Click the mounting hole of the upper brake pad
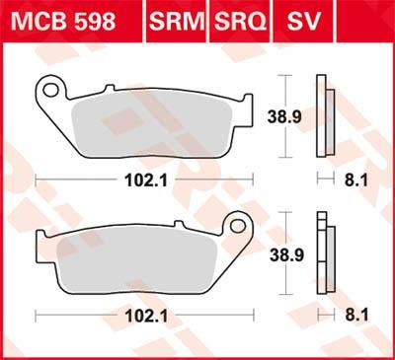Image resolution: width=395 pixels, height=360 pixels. (x=48, y=91)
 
